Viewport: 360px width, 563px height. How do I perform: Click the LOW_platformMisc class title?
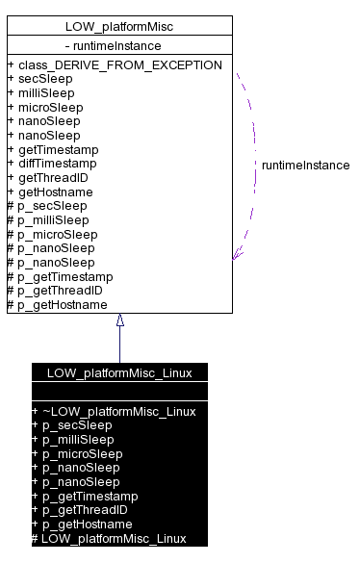(119, 26)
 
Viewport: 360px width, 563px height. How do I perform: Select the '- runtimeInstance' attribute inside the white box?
(113, 45)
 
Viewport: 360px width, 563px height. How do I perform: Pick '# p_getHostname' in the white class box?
(57, 305)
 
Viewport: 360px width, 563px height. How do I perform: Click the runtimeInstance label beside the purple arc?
(305, 166)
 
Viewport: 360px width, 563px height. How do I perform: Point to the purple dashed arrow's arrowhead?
(237, 255)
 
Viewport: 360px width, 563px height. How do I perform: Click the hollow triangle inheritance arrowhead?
(120, 320)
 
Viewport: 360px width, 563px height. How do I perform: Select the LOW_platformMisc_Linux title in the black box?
(119, 372)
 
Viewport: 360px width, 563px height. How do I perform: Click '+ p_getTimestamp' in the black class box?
(85, 496)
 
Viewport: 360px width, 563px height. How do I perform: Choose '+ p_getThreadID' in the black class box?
(82, 510)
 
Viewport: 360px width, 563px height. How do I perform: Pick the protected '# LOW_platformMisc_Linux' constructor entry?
(108, 538)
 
